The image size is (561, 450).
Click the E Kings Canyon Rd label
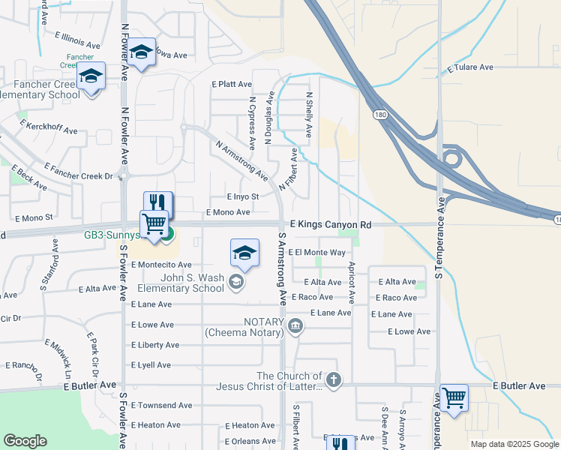(x=331, y=225)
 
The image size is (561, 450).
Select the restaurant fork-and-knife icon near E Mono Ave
(x=158, y=202)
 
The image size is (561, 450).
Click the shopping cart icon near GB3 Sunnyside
(x=154, y=223)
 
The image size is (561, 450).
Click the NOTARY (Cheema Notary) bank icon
(x=295, y=325)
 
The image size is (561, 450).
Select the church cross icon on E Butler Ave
(x=333, y=380)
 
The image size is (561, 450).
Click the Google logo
(x=25, y=441)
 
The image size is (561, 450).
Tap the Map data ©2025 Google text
(x=513, y=444)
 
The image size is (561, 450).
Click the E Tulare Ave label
(x=470, y=67)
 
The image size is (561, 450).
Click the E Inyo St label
(x=243, y=196)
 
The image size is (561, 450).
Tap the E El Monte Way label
(x=316, y=253)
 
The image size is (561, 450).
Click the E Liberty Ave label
(x=155, y=345)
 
